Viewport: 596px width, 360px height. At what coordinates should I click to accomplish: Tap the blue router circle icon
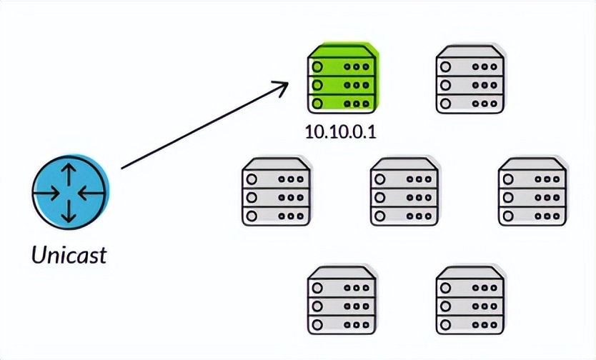70,194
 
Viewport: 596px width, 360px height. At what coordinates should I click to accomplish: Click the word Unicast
69,254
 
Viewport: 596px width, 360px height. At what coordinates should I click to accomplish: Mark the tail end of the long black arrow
123,168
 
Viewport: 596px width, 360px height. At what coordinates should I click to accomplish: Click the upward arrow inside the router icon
70,175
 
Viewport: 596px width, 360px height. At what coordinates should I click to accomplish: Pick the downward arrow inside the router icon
70,212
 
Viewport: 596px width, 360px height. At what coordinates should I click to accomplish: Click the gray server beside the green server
470,81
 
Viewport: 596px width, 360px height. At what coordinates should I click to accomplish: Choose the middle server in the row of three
404,193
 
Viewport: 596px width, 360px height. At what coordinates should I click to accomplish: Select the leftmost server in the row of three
277,193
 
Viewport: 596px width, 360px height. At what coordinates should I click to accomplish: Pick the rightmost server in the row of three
532,193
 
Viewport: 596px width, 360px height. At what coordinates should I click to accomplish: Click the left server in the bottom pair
341,303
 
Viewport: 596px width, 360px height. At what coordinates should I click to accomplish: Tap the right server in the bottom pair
470,303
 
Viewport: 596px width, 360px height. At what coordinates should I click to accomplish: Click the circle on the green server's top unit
318,66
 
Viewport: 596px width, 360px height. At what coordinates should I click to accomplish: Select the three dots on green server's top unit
358,66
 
